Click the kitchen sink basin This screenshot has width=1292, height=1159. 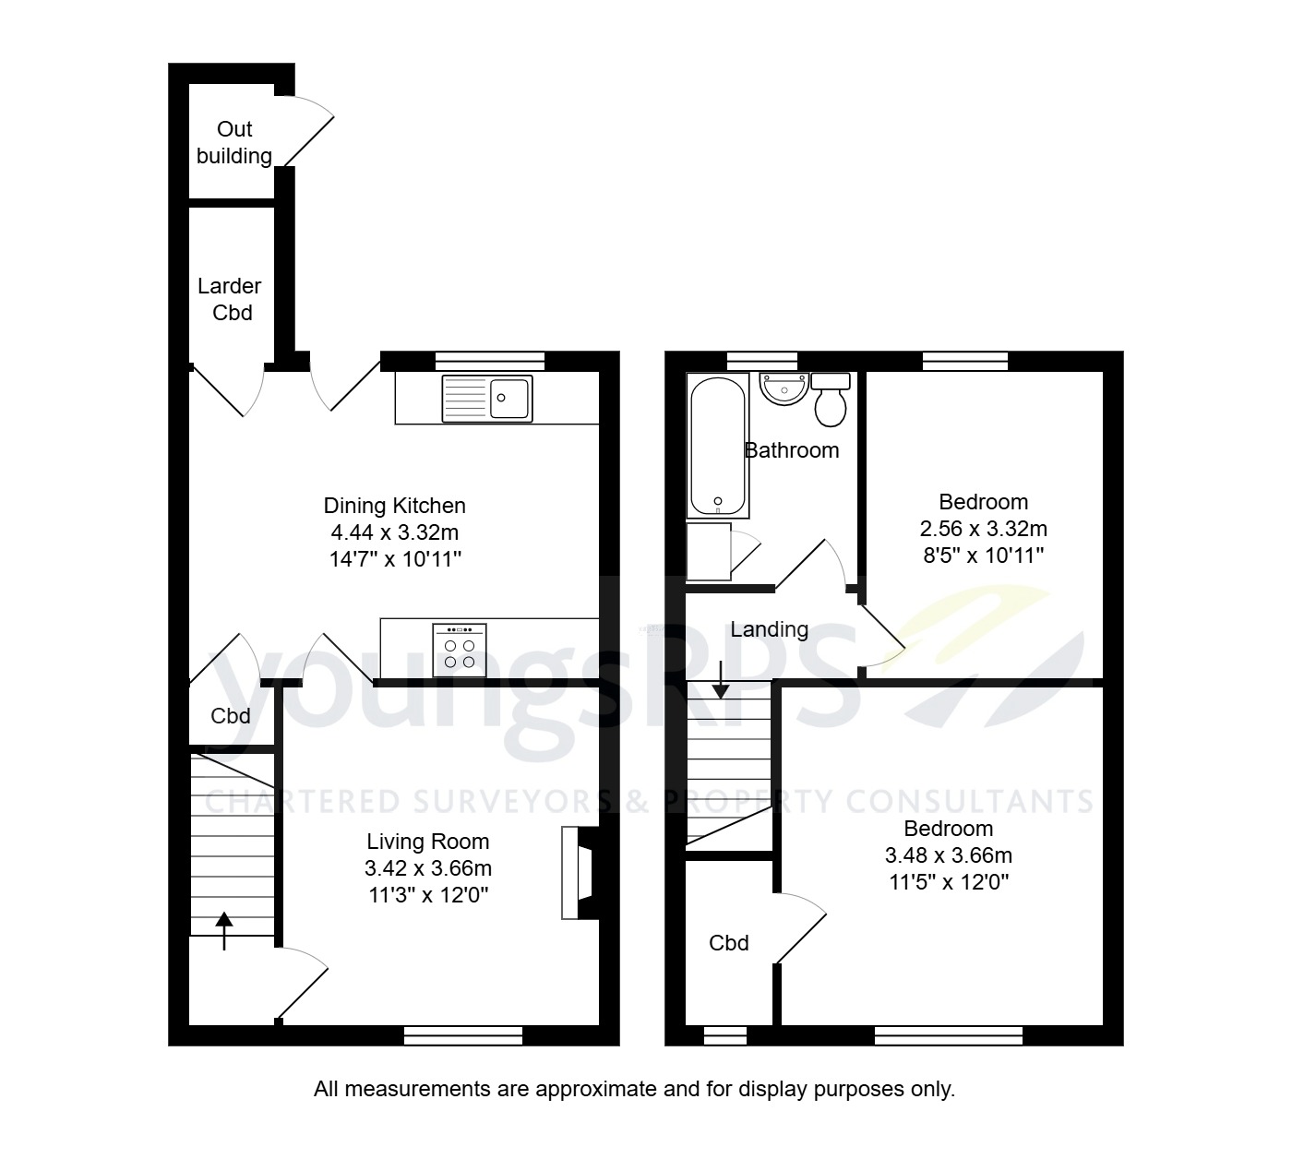[509, 398]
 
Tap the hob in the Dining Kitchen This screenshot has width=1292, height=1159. [460, 651]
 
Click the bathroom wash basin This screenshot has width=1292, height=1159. [784, 388]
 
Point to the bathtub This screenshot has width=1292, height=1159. [718, 448]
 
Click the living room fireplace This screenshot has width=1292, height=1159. [577, 873]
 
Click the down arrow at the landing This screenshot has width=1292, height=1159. [720, 679]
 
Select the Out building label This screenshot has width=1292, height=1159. [234, 143]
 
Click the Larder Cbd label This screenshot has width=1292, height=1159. [231, 300]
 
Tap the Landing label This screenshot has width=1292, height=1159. [769, 630]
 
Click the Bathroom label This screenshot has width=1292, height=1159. [792, 450]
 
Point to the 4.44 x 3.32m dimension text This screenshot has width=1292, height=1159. [395, 532]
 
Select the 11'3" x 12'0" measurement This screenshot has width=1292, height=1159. [427, 894]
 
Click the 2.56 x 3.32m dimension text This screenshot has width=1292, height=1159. [983, 529]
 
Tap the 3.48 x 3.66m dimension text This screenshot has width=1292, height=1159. [948, 855]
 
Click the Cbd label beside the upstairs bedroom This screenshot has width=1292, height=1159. [728, 943]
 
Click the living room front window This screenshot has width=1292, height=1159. [463, 1036]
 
